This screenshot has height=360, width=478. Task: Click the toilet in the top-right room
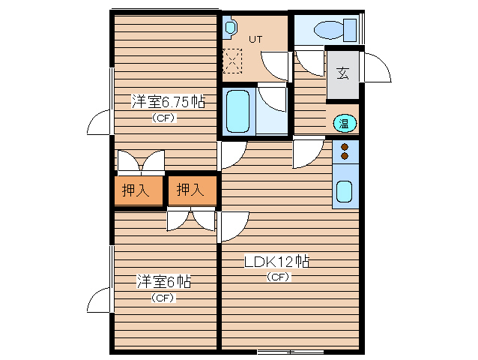tap(335, 30)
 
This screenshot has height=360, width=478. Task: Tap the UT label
tap(255, 39)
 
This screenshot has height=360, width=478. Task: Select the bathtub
tap(238, 111)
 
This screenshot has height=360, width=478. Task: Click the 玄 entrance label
tap(343, 73)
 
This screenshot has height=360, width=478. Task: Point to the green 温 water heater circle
tap(345, 124)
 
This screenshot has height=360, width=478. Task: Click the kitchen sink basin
tap(344, 191)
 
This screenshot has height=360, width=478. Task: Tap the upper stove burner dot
tap(345, 147)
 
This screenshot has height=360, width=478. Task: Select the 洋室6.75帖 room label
tap(169, 101)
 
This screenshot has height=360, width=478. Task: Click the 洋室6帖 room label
tap(163, 281)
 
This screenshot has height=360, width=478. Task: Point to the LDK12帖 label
tap(276, 262)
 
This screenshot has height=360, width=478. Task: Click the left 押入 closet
tap(139, 190)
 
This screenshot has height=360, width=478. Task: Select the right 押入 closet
tap(193, 190)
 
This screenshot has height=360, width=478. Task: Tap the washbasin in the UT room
tap(230, 28)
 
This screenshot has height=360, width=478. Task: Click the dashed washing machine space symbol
tap(232, 61)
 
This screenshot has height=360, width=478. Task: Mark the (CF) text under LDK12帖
tap(279, 277)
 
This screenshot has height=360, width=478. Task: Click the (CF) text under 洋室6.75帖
tap(164, 118)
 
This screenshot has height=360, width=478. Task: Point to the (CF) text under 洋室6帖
tap(163, 298)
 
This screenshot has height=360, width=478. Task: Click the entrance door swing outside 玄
tap(378, 67)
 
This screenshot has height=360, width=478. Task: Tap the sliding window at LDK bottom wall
tap(290, 352)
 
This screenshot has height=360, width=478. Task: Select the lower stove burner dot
tap(345, 156)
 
